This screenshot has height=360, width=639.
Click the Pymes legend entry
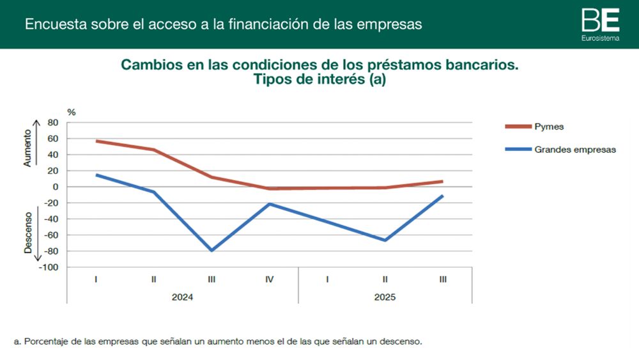point(549,127)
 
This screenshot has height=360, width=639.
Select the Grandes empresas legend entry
point(574,150)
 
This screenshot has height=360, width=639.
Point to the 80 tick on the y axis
point(53,123)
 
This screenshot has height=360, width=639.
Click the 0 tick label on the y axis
point(56,187)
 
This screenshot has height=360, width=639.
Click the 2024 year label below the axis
point(183,297)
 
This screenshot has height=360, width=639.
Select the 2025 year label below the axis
point(385,297)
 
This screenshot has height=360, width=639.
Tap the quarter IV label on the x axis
point(270,279)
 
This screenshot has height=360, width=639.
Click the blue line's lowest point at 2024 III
point(212,250)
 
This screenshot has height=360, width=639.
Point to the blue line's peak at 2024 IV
point(270,204)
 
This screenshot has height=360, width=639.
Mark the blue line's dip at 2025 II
point(385,240)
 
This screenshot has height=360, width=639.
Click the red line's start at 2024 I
point(96,141)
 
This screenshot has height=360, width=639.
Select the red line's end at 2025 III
point(442,182)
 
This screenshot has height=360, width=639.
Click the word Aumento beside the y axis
point(27,150)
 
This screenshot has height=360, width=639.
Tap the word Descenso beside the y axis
point(27,233)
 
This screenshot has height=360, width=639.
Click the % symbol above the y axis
point(71,113)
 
